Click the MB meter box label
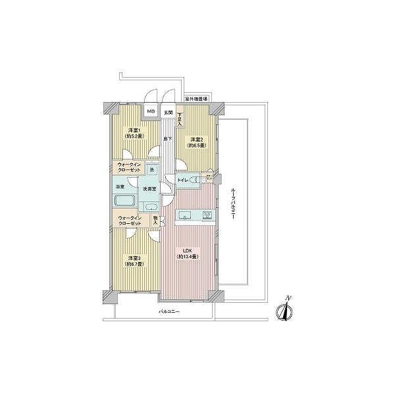pyautogui.click(x=151, y=112)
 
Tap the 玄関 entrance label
pyautogui.click(x=168, y=112)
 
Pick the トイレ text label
pyautogui.click(x=183, y=179)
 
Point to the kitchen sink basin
pyautogui.click(x=185, y=215)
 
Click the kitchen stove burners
pyautogui.click(x=207, y=215)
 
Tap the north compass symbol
pyautogui.click(x=285, y=309)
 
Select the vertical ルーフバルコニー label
pyautogui.click(x=234, y=202)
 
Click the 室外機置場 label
pyautogui.click(x=196, y=99)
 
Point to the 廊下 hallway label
pyautogui.click(x=168, y=138)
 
